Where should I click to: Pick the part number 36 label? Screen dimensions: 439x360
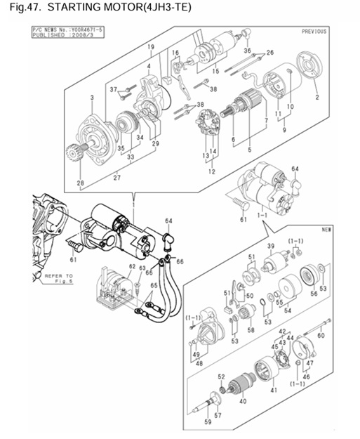click(x=247, y=51)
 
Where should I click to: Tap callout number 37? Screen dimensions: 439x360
click(x=114, y=89)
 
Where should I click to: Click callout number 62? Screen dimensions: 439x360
click(x=132, y=266)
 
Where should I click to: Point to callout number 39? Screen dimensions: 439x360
click(x=270, y=245)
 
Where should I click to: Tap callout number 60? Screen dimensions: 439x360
click(x=321, y=336)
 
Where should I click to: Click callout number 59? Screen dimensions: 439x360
click(x=208, y=423)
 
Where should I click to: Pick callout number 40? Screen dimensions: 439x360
click(x=243, y=402)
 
